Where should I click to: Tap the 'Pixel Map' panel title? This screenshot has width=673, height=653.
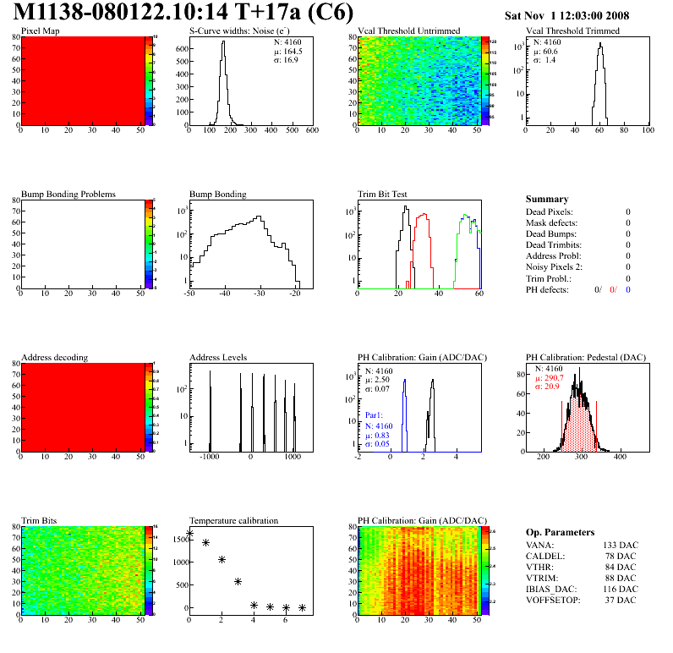pyautogui.click(x=40, y=31)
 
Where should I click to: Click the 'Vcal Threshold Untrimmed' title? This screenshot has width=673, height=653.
pyautogui.click(x=408, y=31)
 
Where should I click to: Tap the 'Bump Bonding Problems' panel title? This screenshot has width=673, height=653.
pyautogui.click(x=68, y=195)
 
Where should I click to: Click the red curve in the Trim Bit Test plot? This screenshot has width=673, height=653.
pyautogui.click(x=422, y=228)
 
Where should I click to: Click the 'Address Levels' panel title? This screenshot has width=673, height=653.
pyautogui.click(x=218, y=358)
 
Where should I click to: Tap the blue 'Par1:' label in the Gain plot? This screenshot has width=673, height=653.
pyautogui.click(x=375, y=415)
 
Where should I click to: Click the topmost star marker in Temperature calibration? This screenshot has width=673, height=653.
pyautogui.click(x=189, y=534)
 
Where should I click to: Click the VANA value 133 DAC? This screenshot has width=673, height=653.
pyautogui.click(x=620, y=545)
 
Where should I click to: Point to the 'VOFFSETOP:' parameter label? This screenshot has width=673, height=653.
pyautogui.click(x=551, y=600)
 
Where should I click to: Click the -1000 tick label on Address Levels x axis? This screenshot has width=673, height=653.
pyautogui.click(x=209, y=456)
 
